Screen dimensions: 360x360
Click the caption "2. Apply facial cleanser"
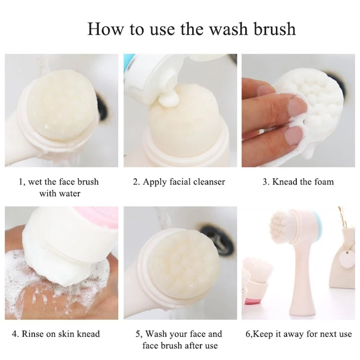[x=179, y=182]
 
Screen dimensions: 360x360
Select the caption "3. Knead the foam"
[x=298, y=182]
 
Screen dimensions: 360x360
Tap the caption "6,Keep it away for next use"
[x=298, y=334]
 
